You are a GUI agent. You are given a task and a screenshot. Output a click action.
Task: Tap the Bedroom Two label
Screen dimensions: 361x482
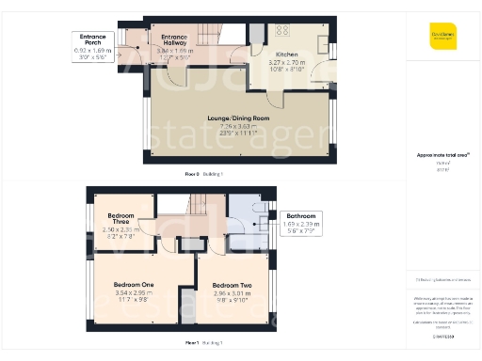coord(232,285)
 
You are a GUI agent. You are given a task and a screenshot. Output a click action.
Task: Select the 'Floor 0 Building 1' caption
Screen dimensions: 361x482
coord(204,175)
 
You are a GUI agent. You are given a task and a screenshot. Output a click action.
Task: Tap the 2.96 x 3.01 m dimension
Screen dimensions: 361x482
coord(232,292)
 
